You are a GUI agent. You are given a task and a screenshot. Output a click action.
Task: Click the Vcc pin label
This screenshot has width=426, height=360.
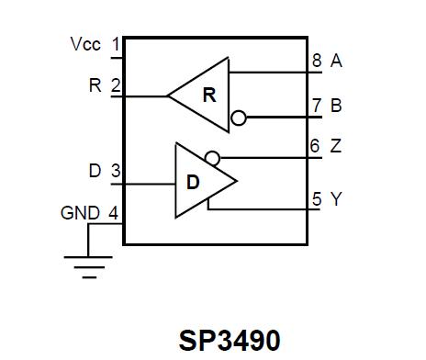[x=85, y=43]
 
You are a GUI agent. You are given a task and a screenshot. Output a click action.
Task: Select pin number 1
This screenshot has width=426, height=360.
[x=116, y=43]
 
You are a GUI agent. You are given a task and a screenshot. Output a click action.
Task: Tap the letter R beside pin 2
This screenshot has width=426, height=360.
[x=95, y=85]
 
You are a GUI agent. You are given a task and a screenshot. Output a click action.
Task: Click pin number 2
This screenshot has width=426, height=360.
[x=116, y=85]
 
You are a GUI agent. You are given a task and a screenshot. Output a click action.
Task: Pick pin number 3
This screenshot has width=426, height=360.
[x=116, y=171]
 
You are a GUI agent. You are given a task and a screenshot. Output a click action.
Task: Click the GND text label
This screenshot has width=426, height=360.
[x=79, y=213]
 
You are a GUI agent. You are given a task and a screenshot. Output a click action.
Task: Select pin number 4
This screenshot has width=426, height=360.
[x=114, y=213]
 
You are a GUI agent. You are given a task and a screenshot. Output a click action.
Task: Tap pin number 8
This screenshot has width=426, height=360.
[x=316, y=62]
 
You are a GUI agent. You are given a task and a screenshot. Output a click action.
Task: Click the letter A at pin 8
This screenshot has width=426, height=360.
[x=336, y=62]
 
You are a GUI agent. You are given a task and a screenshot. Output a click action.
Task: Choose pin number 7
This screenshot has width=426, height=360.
[x=316, y=106]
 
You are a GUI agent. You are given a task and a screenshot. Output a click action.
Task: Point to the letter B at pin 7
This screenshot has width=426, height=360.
[x=336, y=106]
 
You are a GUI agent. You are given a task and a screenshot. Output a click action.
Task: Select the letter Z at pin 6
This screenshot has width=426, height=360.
[x=336, y=147]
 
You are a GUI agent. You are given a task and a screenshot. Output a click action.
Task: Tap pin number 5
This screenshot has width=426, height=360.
[x=316, y=198]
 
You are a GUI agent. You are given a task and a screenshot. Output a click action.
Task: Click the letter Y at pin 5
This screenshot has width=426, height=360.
[x=336, y=198]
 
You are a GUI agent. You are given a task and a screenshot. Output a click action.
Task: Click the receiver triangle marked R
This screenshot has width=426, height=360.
[x=207, y=95]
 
